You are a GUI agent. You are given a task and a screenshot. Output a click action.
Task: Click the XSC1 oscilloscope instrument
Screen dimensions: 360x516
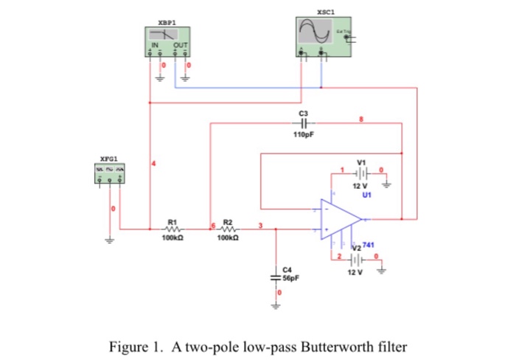324,36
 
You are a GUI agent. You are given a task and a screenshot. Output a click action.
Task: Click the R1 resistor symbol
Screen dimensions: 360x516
173,229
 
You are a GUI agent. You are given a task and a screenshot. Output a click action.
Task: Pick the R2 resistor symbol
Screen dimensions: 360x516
228,229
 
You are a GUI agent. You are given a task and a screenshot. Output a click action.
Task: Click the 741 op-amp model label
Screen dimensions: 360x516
369,244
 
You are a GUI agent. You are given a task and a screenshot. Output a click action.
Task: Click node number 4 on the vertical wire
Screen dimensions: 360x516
154,162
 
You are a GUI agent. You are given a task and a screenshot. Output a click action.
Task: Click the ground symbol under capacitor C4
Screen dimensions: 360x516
277,308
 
